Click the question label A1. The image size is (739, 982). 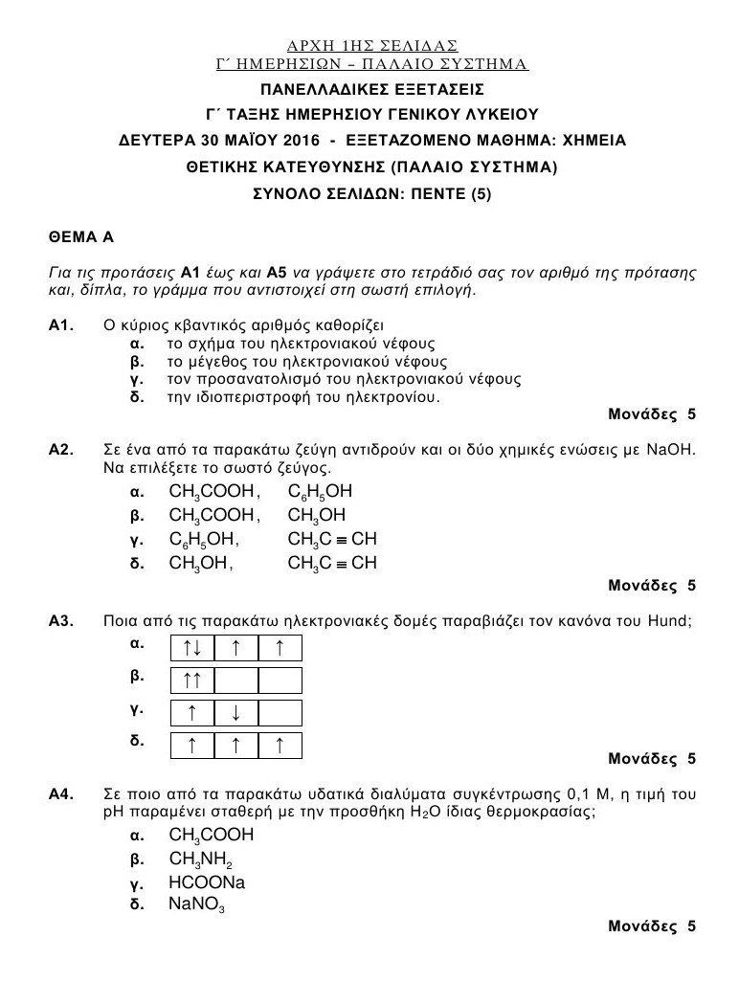(x=61, y=325)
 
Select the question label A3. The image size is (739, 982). (x=61, y=621)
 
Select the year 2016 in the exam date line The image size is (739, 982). (x=295, y=140)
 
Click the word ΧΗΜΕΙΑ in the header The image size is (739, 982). (x=593, y=140)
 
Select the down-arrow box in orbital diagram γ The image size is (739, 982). (x=235, y=713)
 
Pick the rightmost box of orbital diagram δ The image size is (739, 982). (x=280, y=746)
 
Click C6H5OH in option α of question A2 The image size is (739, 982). (x=320, y=492)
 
